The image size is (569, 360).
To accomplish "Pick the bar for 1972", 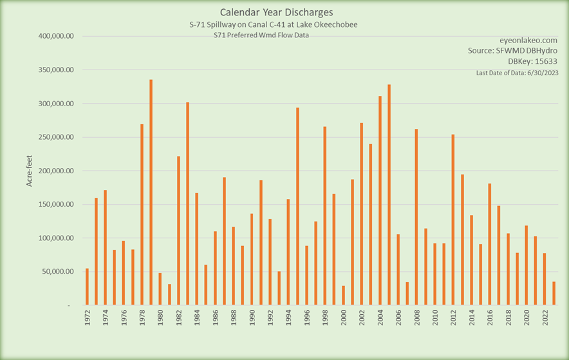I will click(88, 287).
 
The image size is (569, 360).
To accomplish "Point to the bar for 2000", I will click(343, 295).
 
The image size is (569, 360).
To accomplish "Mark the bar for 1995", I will click(297, 206).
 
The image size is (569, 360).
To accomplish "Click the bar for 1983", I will click(187, 203).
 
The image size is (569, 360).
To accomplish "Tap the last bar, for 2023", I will click(554, 293).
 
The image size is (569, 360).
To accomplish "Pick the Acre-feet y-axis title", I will click(30, 171).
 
